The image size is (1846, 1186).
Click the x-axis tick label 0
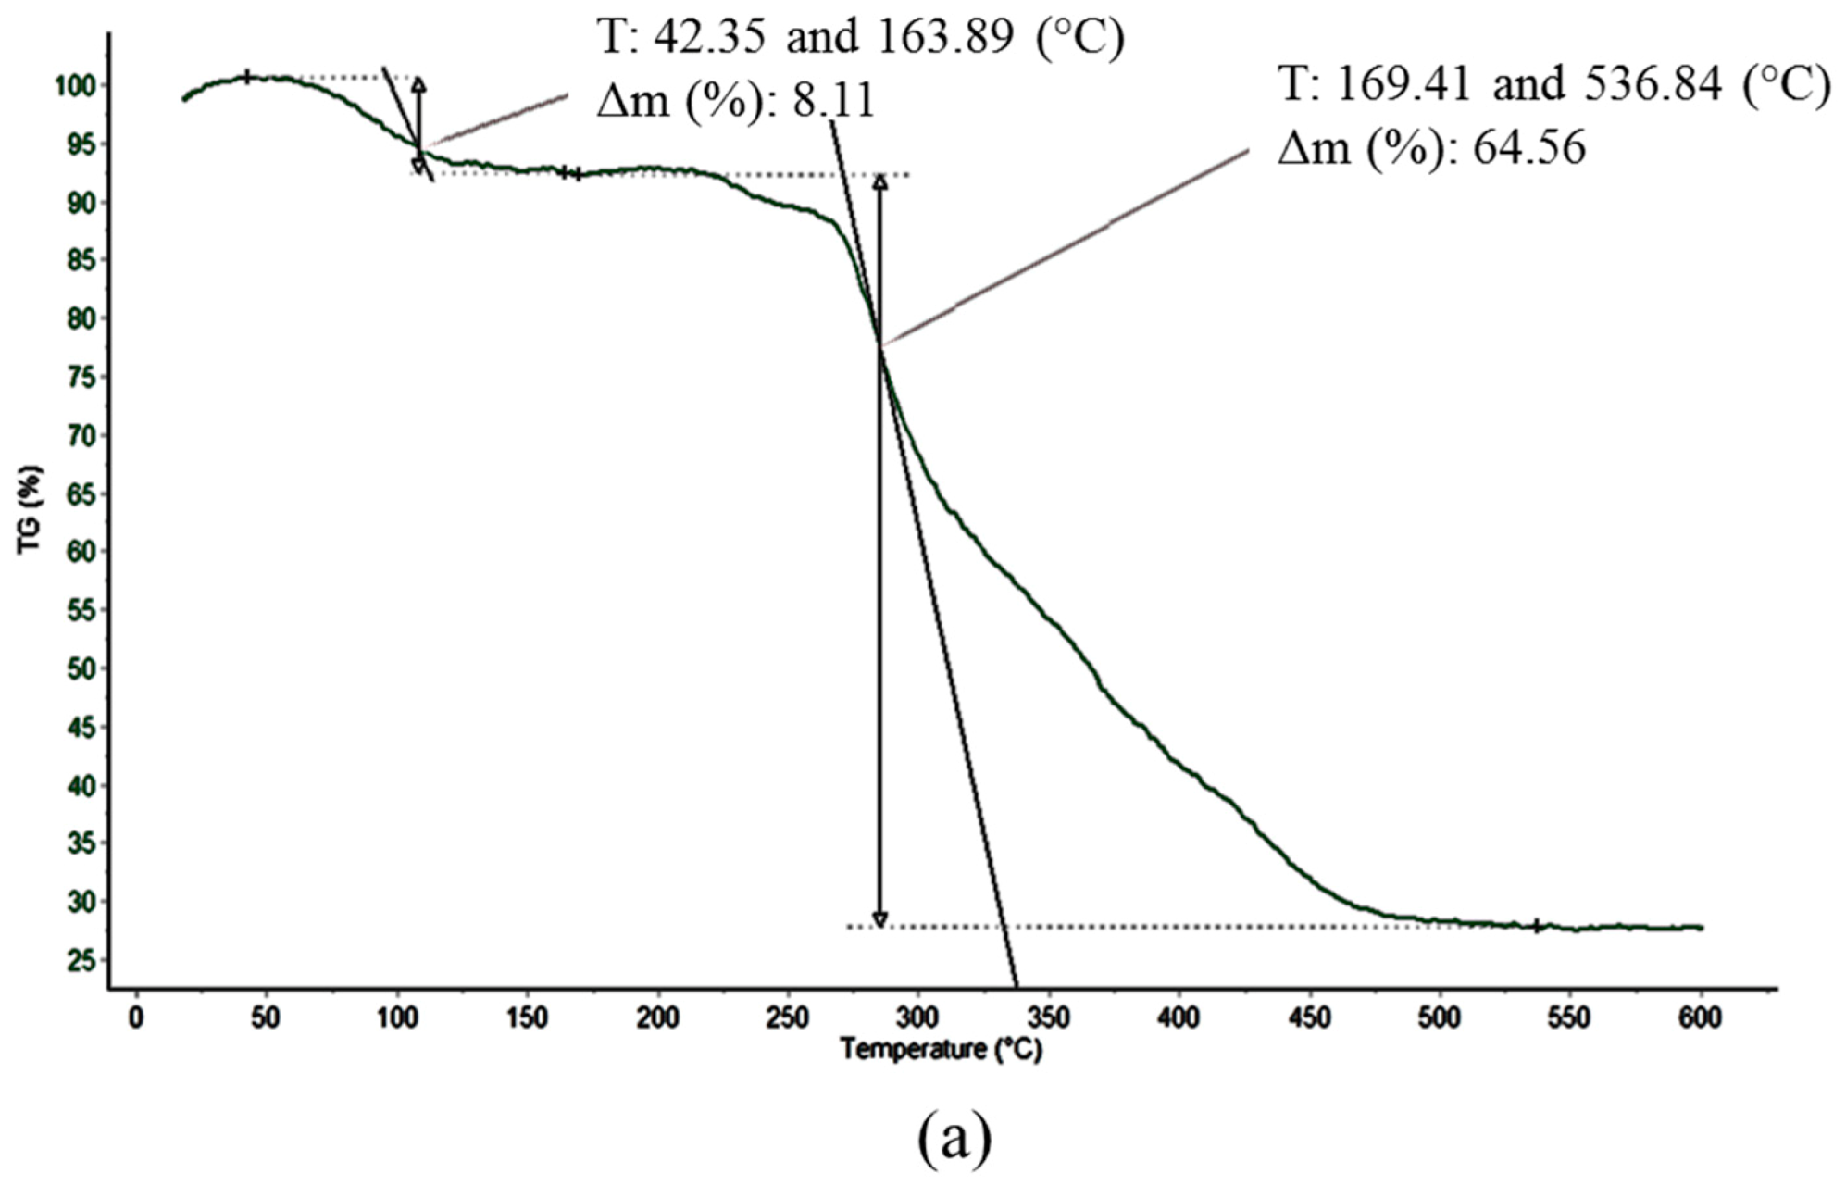coord(136,1018)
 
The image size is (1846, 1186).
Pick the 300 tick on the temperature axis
coord(917,1018)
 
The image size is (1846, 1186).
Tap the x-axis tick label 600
coord(1700,1018)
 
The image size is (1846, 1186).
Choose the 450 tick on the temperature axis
coord(1309,1018)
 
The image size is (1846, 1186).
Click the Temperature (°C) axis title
coord(941,1050)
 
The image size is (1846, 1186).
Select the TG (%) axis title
coord(31,510)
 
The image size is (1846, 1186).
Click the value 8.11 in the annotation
coord(832,100)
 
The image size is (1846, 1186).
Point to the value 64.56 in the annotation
coord(1528,147)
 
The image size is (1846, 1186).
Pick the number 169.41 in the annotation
coord(1404,84)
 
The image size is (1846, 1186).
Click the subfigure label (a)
coord(954,1142)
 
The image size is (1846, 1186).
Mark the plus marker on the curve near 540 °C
coord(1537,926)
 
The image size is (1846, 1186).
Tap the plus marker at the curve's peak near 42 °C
coord(247,77)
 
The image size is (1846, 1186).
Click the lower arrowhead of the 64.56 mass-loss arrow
coord(880,919)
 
